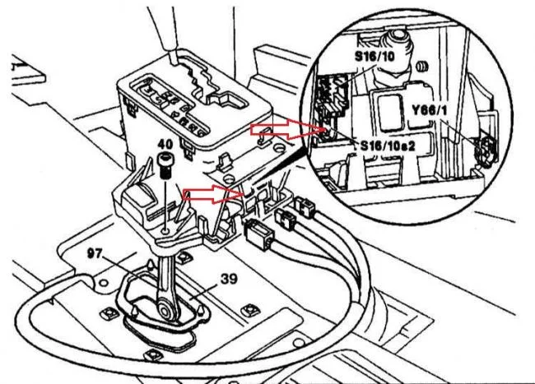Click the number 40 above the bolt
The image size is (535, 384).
165,143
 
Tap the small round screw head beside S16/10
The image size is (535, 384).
422,67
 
